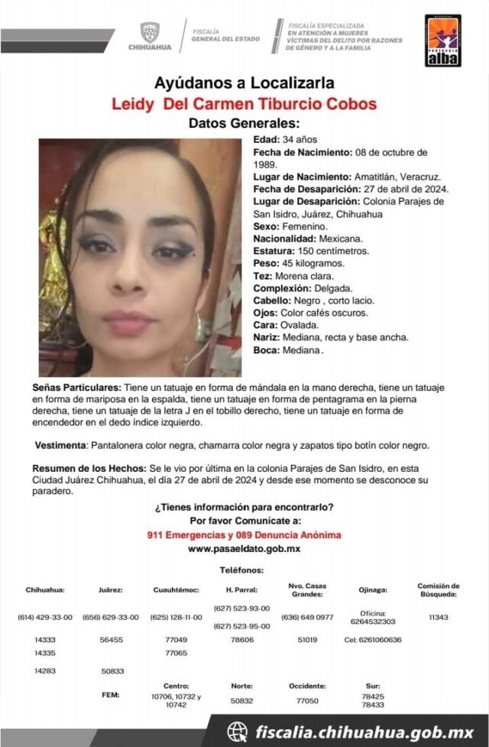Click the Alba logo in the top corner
443,40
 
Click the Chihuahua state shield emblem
149,31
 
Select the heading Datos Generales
244,123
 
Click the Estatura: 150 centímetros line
311,251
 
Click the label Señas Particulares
76,388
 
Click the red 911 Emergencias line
244,535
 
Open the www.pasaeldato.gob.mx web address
244,549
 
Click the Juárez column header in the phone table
111,590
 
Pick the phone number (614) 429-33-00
45,617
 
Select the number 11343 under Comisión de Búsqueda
439,617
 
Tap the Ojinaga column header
372,590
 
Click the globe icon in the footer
238,732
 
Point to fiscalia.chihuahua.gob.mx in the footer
365,732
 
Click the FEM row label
111,695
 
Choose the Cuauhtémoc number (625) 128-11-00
176,617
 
